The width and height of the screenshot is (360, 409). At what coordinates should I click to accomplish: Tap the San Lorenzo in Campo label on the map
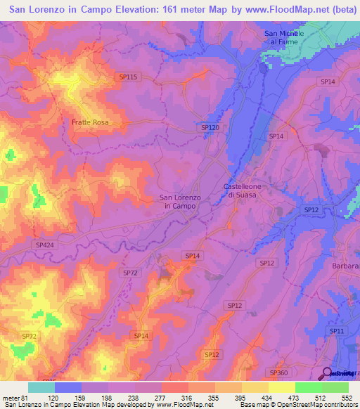(x=181, y=202)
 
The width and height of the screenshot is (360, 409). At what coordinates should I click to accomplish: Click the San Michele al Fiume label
(x=284, y=37)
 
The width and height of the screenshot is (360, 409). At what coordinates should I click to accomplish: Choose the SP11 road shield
(x=337, y=330)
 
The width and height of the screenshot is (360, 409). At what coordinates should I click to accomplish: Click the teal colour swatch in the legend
(x=41, y=387)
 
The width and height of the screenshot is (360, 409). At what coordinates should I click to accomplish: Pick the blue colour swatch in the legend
(x=68, y=387)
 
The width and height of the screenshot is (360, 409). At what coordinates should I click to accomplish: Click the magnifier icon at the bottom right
(x=328, y=373)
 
